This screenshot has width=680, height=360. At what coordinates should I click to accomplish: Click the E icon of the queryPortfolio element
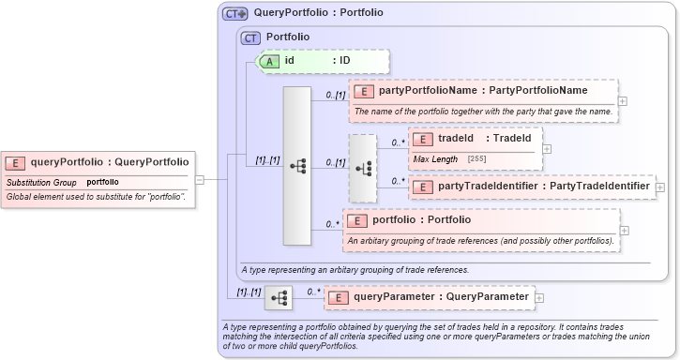click(17, 162)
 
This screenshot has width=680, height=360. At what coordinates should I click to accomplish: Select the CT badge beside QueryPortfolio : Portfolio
click(234, 14)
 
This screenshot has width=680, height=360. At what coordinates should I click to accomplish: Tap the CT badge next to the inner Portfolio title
click(250, 37)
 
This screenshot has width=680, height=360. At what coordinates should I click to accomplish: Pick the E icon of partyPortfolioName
click(364, 91)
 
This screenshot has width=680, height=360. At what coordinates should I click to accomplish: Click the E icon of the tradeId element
click(423, 139)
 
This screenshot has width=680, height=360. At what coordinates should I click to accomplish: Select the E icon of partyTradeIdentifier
click(423, 187)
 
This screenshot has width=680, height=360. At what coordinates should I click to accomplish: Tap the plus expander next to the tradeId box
click(548, 148)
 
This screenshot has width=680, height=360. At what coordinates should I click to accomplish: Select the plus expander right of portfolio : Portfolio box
click(625, 230)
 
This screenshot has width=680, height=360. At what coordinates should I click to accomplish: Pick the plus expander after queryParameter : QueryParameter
click(539, 298)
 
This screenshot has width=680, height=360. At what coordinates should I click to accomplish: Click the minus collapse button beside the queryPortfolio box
click(200, 179)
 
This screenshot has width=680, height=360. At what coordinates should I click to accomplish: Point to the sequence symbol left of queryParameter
click(279, 298)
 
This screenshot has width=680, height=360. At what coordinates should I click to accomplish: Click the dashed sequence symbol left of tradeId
click(362, 168)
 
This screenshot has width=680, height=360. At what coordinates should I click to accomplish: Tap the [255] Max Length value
click(476, 159)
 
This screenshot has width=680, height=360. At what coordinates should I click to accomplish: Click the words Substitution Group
click(41, 182)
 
